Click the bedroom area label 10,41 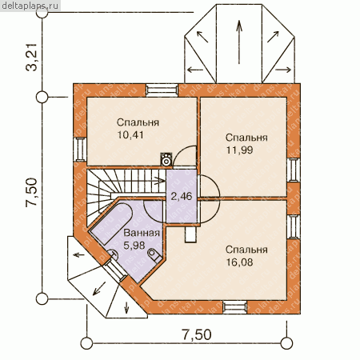130,135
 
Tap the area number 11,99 239,150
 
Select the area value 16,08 239,262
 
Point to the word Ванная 142,233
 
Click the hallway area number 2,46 182,196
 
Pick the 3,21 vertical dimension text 32,57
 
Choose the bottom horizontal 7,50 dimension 197,334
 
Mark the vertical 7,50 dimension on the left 32,192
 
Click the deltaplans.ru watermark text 30,6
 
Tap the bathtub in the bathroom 111,224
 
